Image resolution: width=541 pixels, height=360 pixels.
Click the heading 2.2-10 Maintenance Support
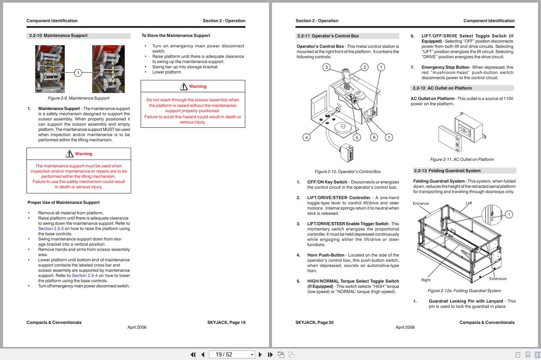tap(58, 36)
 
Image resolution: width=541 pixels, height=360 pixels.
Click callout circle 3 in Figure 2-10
tap(326, 67)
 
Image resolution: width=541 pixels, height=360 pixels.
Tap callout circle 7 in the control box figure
tap(389, 137)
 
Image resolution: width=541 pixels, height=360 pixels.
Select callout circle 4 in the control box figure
tap(306, 137)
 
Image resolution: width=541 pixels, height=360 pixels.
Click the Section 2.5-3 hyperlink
tap(51, 229)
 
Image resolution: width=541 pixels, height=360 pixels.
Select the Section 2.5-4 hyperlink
tap(84, 276)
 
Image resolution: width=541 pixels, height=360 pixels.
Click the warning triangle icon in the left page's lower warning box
tap(70, 153)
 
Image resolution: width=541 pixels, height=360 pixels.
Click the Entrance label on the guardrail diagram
tap(420, 203)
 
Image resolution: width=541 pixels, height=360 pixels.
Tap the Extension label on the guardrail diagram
tap(498, 279)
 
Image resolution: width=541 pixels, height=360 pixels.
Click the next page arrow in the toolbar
tap(260, 354)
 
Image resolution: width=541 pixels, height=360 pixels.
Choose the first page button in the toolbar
tap(193, 354)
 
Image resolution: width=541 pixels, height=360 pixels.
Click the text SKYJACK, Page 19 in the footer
tap(226, 323)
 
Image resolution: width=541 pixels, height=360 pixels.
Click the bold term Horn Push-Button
tap(325, 255)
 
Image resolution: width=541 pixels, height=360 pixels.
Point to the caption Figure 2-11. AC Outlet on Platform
tap(461, 160)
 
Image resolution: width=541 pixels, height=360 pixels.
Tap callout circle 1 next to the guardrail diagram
tap(509, 214)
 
